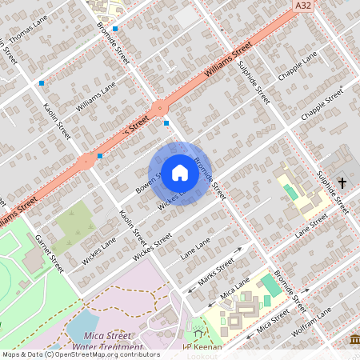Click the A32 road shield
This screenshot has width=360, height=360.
[303, 6]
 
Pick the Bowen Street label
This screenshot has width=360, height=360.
[148, 182]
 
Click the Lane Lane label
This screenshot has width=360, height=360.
[195, 250]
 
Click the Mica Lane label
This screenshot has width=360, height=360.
[234, 290]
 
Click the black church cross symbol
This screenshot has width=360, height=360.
[342, 183]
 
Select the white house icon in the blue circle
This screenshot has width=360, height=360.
[180, 173]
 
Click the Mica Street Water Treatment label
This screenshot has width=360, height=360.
[107, 342]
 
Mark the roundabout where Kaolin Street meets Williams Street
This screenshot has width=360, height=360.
[86, 162]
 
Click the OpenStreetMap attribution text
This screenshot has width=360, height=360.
[80, 354]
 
